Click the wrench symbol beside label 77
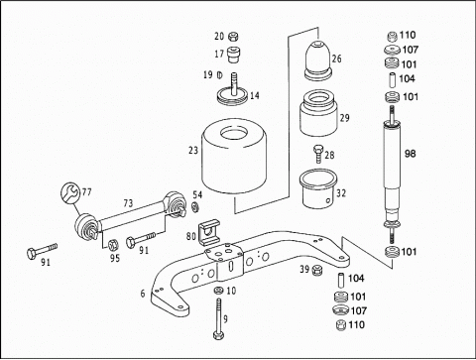pos(70,192)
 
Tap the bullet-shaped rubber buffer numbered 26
pos(318,60)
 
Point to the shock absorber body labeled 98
pos(392,172)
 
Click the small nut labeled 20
pos(234,36)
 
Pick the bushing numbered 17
pos(234,55)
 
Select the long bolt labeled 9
pos(218,318)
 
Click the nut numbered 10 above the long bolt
pos(218,291)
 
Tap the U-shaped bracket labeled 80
pos(208,232)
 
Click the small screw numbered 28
pos(318,154)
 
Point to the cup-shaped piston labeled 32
pos(318,189)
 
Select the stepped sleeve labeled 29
pos(318,113)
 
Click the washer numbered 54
pos(195,207)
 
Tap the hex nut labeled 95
pos(114,245)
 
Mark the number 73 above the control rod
pos(128,203)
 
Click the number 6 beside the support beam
pos(143,294)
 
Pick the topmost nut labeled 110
pos(392,36)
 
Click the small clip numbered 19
pos(218,75)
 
